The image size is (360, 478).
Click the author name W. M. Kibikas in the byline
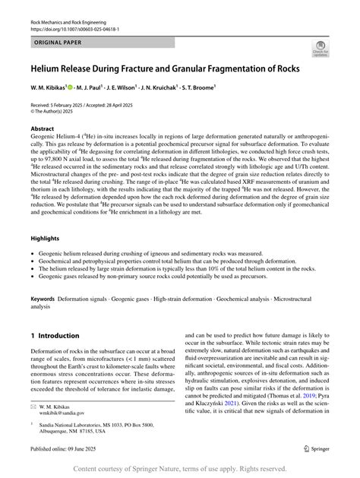(47, 87)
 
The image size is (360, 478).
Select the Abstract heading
(42, 129)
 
